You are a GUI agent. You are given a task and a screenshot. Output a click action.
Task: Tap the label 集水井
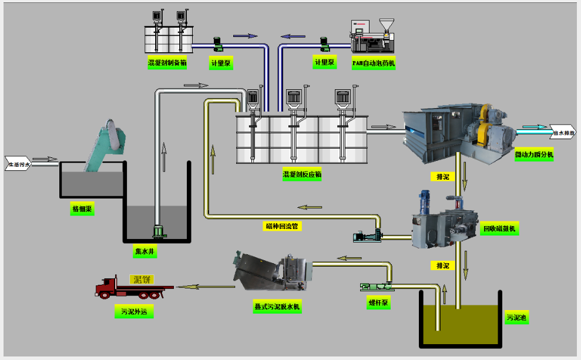145,251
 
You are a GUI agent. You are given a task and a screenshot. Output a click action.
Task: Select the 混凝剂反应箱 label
302,174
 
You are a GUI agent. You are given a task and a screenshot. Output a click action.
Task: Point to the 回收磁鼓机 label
501,229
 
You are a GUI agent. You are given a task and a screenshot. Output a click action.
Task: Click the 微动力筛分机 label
534,155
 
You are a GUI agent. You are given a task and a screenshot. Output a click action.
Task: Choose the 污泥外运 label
133,312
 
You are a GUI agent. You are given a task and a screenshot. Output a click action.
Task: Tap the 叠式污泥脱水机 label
273,307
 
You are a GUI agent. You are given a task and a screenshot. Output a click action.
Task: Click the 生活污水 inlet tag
18,164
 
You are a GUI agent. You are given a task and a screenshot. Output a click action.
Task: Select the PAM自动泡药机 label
374,63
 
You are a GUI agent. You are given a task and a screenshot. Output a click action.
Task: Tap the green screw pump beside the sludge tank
375,287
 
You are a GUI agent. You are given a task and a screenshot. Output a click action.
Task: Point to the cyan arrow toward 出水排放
531,126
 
